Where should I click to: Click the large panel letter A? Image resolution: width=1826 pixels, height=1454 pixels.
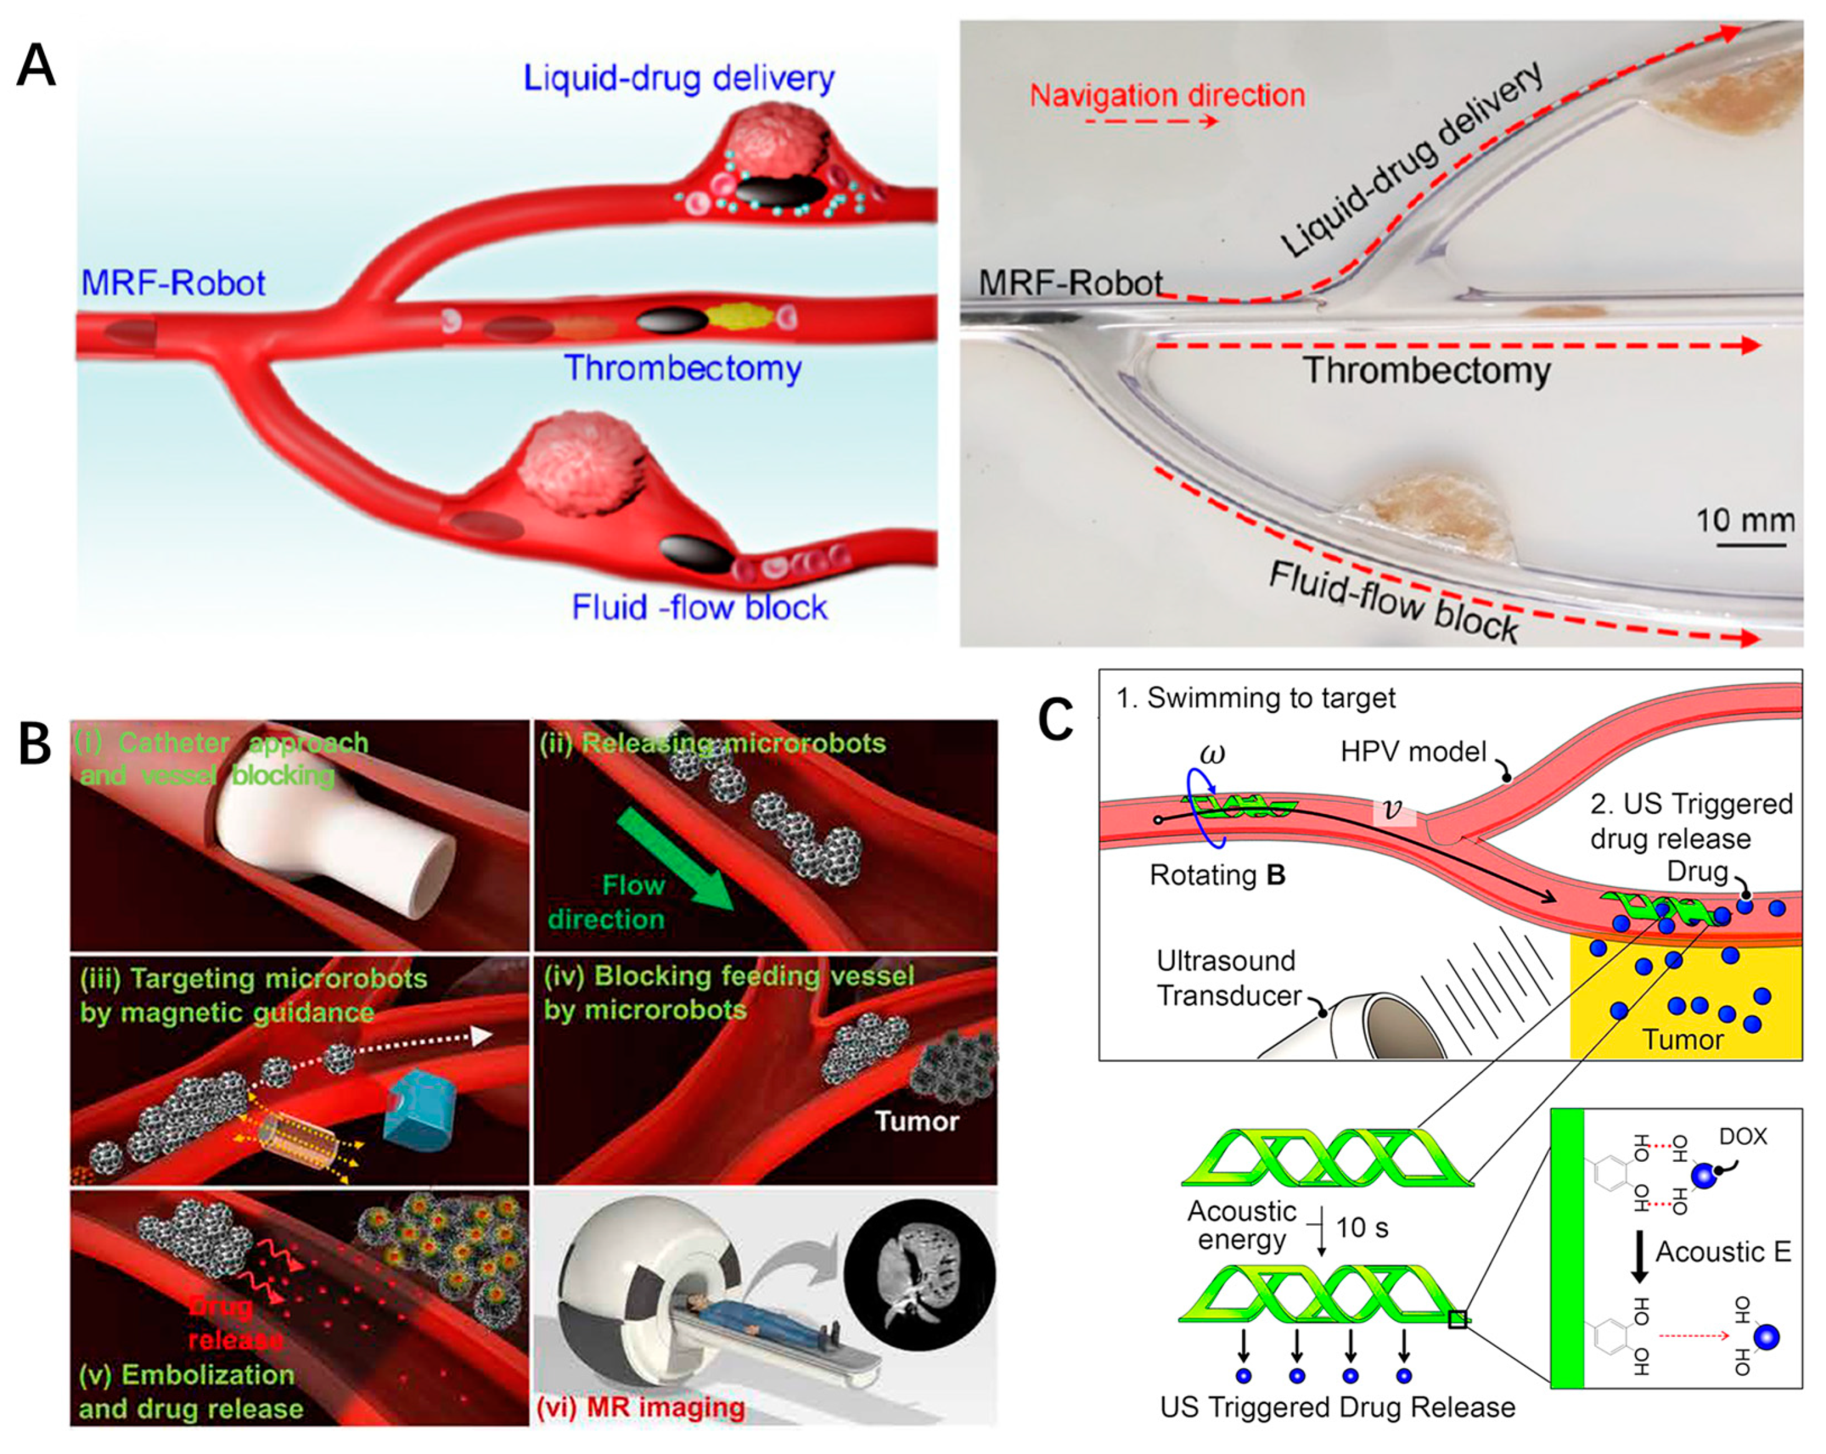[36, 66]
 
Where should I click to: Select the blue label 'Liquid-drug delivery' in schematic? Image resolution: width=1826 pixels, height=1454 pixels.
[679, 78]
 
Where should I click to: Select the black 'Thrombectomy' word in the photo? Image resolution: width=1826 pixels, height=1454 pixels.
[1427, 371]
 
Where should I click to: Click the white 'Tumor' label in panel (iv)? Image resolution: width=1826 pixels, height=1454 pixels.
[916, 1121]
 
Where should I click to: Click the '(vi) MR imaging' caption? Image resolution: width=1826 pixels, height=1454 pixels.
[641, 1407]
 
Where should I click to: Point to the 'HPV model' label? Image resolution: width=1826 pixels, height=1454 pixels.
[1413, 751]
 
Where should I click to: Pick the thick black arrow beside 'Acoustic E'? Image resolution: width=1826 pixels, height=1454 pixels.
[1639, 1254]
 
